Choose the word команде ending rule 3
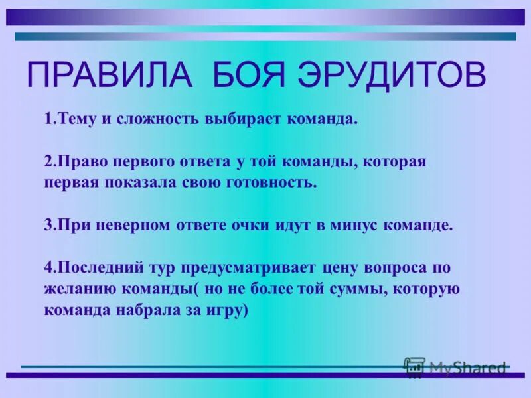point(419,224)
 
